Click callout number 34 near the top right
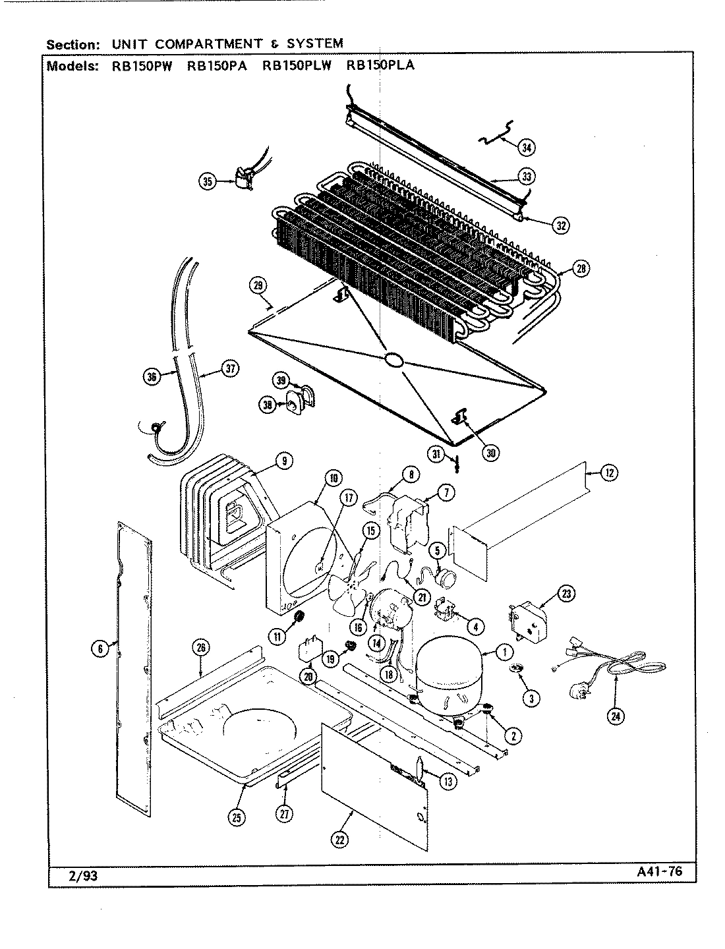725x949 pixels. [x=526, y=148]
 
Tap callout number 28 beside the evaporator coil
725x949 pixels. [x=581, y=268]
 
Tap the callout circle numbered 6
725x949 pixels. [x=100, y=649]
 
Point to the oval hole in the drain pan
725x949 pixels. [x=393, y=359]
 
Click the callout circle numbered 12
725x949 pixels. [x=610, y=472]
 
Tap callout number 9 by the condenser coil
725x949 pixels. [x=283, y=462]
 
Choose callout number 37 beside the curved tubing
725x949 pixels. [x=229, y=369]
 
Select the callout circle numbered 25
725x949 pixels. [x=237, y=817]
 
